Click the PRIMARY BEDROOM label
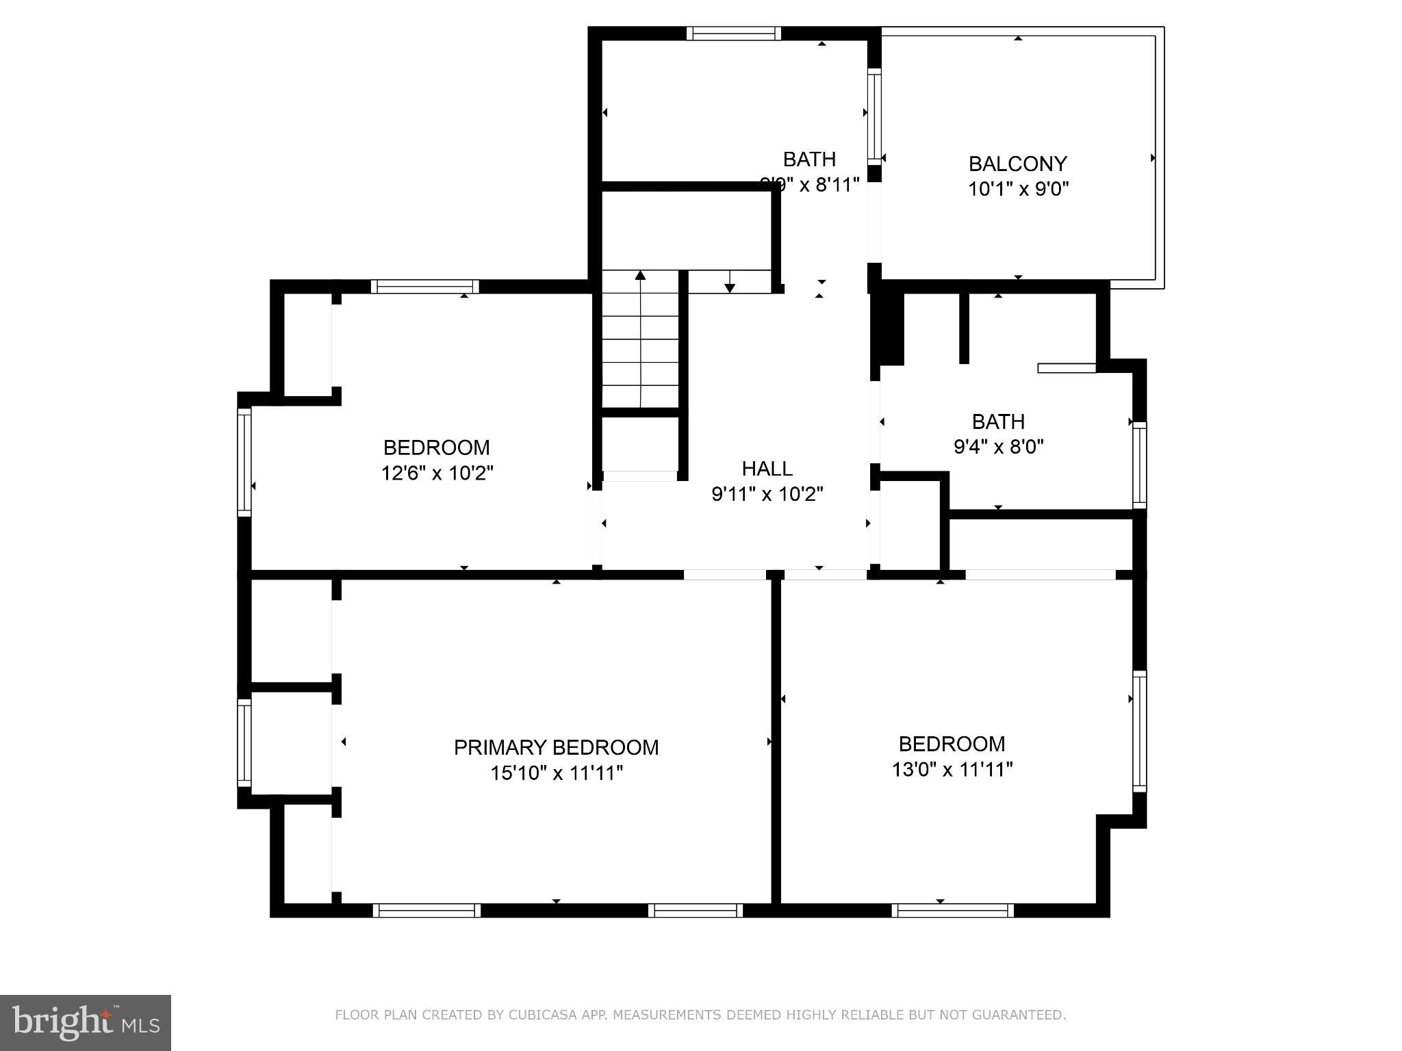tap(556, 747)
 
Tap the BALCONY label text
tap(1017, 164)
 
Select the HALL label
tap(767, 469)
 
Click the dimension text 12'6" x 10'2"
tap(437, 473)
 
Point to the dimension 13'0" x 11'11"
tap(952, 770)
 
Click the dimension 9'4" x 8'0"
tap(998, 447)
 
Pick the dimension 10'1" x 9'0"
tap(1018, 189)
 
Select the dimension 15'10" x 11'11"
tap(556, 773)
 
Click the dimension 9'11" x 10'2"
tap(767, 494)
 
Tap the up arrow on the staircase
tap(640, 276)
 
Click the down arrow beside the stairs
tap(730, 287)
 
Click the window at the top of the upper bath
tap(733, 34)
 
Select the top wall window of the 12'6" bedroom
tap(424, 287)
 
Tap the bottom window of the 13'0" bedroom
tap(952, 910)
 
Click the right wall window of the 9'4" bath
tap(1139, 465)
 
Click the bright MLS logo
tap(85, 1022)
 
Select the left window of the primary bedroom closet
tap(244, 742)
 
